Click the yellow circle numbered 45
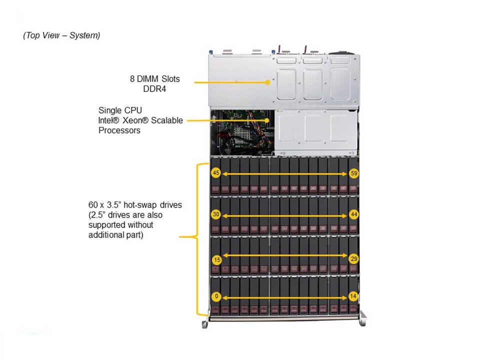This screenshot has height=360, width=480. pos(216,173)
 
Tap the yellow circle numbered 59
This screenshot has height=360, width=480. pos(354,173)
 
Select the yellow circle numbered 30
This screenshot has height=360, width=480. pos(216,214)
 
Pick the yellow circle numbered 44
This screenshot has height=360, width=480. pos(354,214)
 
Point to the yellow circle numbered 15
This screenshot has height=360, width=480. pos(216,260)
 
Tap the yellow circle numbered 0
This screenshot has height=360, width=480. pos(216,296)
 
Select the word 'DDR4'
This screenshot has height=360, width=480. pos(155,89)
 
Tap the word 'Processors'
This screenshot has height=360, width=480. pos(119,130)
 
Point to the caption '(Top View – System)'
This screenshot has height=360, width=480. pos(61,35)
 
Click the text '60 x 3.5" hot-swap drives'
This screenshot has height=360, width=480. pos(134,205)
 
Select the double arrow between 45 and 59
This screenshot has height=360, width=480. pos(285,173)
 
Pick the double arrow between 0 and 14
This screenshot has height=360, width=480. pos(285,296)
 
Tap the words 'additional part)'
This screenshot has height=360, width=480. pos(115,235)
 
